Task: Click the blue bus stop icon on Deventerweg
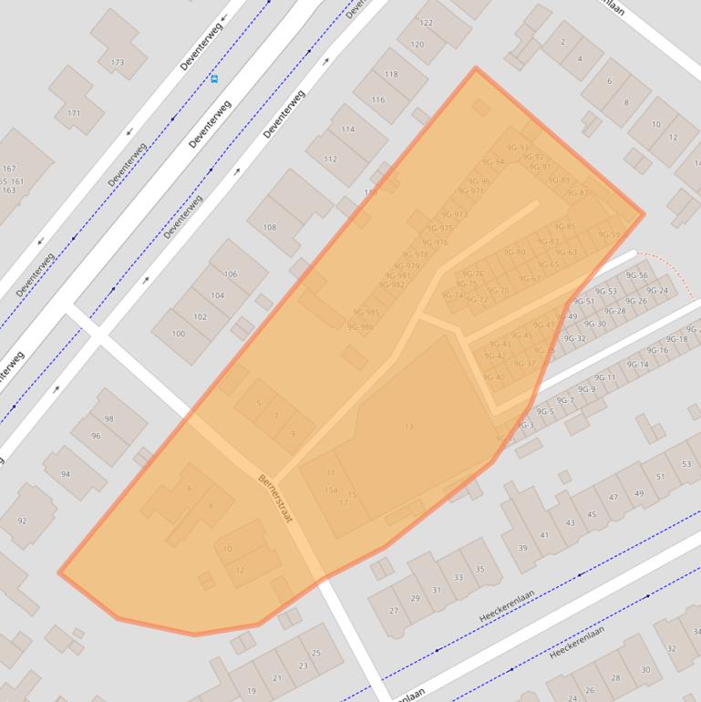point(214,79)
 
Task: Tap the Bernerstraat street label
point(274,497)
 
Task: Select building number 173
point(117,63)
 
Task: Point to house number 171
point(74,114)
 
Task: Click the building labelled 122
point(427,23)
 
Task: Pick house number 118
point(392,75)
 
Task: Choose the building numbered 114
point(347,129)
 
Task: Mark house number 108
point(269,227)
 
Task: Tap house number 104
point(217,295)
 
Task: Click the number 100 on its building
point(178,334)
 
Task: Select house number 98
point(108,418)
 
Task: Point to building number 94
point(66,475)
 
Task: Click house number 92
point(22,521)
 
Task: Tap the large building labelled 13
point(408,427)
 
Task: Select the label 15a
point(330,490)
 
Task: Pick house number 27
point(394,611)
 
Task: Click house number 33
point(459,577)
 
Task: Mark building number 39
point(522,548)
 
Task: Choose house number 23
point(303,666)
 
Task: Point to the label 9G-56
point(637,276)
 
